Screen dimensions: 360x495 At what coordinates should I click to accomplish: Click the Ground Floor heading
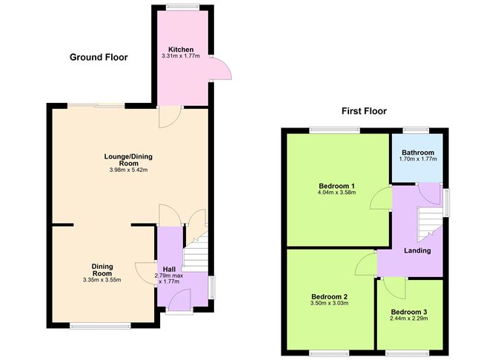(x=99, y=57)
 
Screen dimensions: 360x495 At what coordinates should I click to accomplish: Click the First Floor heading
(x=364, y=111)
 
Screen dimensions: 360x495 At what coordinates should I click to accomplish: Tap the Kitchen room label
(x=181, y=50)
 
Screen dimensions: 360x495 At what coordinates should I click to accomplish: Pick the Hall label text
(x=169, y=269)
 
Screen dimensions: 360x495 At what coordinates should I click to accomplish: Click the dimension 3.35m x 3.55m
(x=102, y=279)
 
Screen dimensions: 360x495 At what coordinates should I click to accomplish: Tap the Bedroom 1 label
(x=337, y=185)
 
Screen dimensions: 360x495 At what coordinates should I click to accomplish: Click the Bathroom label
(x=416, y=153)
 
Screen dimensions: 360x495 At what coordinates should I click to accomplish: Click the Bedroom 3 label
(x=409, y=311)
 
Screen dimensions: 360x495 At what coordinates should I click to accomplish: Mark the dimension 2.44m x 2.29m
(x=409, y=319)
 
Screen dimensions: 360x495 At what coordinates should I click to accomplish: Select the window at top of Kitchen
(x=182, y=7)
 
